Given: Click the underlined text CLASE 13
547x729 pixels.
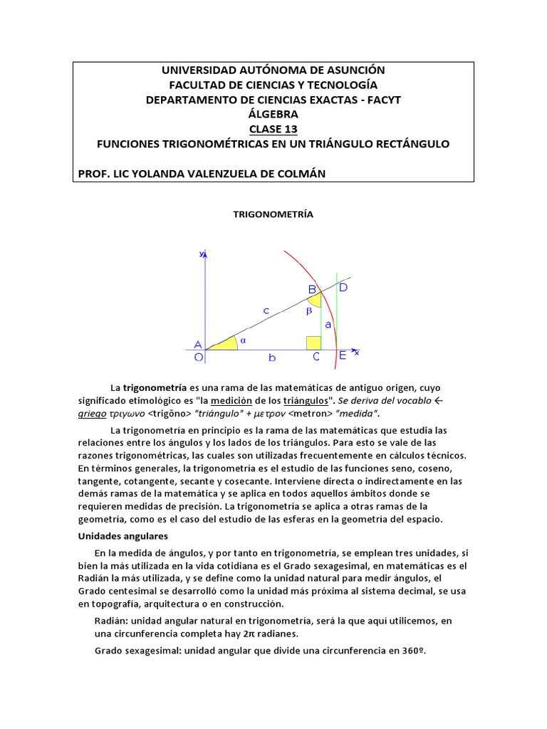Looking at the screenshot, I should tap(273, 129).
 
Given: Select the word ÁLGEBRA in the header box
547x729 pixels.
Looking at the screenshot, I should tap(273, 114).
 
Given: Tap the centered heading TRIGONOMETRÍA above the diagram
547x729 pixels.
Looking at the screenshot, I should tap(273, 214).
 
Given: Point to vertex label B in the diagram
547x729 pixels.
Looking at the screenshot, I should tap(312, 289).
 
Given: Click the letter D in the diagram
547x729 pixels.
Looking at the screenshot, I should tap(343, 288).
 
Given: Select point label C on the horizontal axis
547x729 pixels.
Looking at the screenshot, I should tap(316, 357).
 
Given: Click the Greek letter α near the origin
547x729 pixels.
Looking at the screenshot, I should tap(242, 340).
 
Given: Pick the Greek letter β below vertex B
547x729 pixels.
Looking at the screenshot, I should tap(309, 311).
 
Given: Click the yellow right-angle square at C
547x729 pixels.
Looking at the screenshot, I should tap(313, 342).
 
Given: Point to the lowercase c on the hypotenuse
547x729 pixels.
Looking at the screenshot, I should tap(265, 310).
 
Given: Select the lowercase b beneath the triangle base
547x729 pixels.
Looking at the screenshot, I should tap(271, 359).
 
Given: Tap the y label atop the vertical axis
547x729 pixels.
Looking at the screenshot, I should tap(202, 253).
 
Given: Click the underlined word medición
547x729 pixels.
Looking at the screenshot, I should tap(232, 401).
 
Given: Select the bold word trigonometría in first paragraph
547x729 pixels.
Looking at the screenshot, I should tap(155, 388).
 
